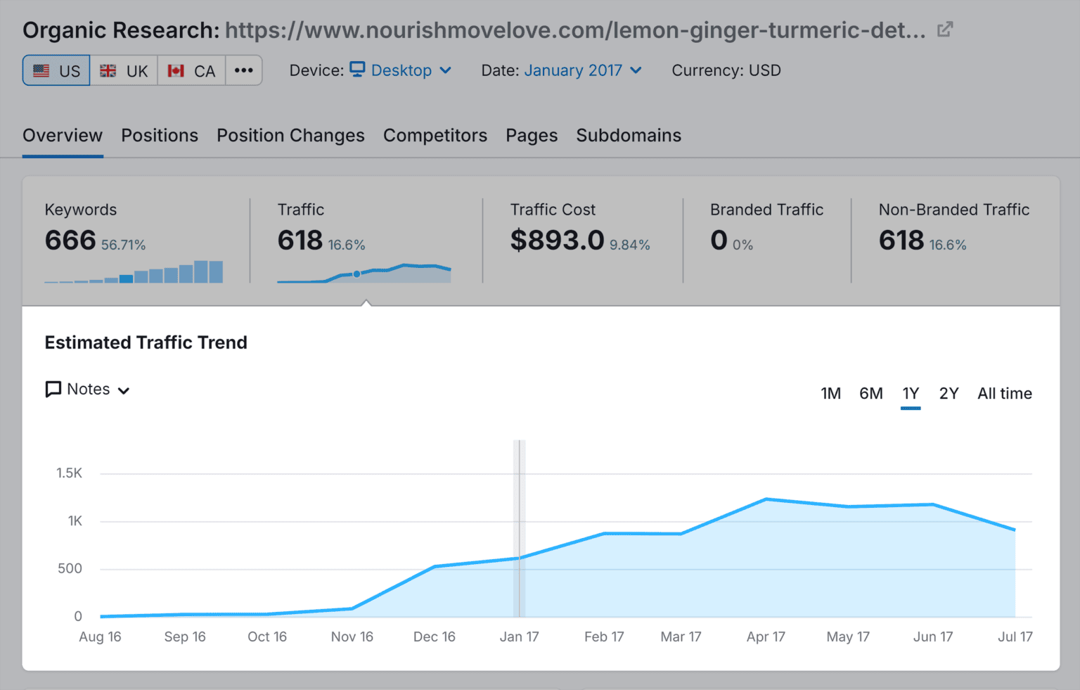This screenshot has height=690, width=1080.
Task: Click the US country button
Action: point(56,70)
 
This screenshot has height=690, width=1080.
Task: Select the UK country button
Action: point(124,70)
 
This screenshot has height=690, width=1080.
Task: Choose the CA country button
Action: point(191,70)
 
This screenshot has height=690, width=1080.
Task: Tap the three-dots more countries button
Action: point(244,70)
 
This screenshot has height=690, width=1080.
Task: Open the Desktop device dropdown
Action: point(401,70)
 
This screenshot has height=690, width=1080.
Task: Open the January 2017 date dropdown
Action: point(582,70)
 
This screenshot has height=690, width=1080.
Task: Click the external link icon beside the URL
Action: point(945,30)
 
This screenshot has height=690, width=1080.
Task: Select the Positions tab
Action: point(160,135)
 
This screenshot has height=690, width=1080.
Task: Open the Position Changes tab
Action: point(290,135)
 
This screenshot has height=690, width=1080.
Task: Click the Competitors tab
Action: point(435,135)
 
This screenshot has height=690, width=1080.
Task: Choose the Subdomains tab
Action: point(629,135)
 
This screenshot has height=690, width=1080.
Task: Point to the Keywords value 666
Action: point(70,241)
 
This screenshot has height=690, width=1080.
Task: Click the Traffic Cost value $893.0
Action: point(558,241)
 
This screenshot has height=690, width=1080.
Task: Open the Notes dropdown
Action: point(88,390)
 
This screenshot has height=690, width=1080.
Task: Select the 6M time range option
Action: point(871,394)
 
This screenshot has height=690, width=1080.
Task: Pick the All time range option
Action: point(1004,394)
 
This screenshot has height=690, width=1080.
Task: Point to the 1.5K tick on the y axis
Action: point(70,473)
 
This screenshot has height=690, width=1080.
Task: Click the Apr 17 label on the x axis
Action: point(766,637)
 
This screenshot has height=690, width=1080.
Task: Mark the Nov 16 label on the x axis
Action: point(352,637)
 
